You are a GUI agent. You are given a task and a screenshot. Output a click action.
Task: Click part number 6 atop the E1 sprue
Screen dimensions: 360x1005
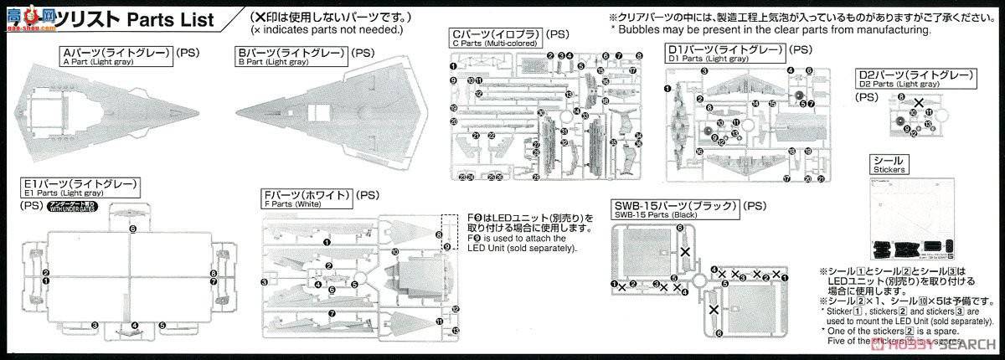(131, 228)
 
